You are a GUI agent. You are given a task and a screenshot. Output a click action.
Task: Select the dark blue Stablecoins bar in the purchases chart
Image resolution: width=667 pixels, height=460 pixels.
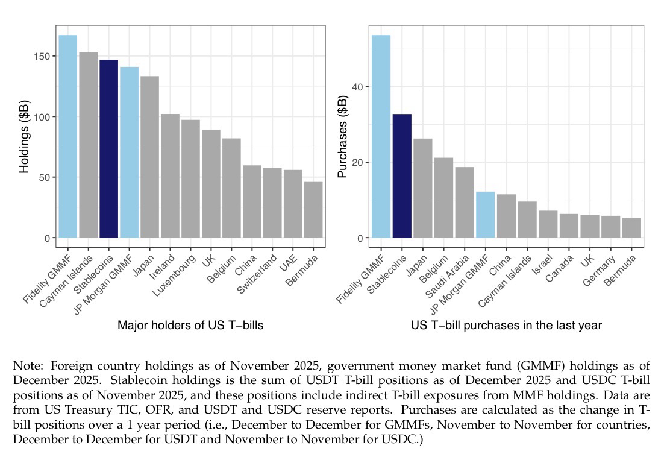402,175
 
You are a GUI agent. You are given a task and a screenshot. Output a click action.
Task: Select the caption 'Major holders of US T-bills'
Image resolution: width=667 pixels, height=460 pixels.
190,326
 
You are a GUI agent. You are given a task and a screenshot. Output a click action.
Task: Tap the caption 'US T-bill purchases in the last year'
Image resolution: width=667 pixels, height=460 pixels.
506,326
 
